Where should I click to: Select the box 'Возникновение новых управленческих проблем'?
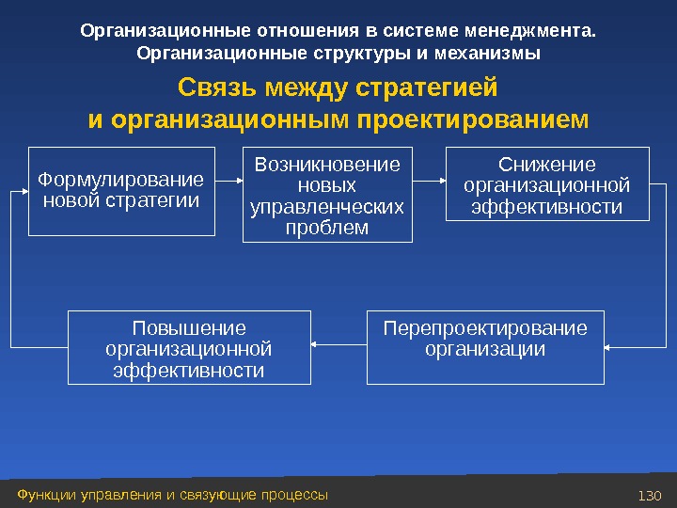click(327, 196)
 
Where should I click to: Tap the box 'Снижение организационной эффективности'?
click(546, 183)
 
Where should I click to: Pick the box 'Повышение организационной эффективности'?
click(189, 349)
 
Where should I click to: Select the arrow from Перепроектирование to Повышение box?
click(338, 347)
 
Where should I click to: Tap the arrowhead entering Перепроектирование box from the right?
click(607, 347)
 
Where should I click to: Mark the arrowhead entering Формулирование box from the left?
click(24, 191)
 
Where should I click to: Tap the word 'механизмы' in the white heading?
click(493, 53)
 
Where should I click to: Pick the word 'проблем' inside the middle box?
click(327, 227)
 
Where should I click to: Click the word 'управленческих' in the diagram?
click(327, 206)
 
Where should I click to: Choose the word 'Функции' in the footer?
click(43, 494)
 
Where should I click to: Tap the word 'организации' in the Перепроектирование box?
click(484, 349)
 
